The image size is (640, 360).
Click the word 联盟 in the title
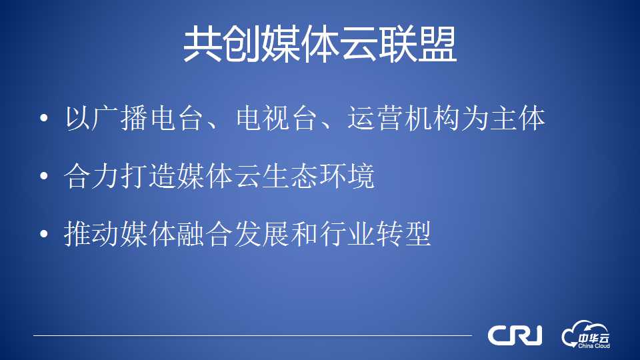(417, 45)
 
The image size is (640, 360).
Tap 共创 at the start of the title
(221, 45)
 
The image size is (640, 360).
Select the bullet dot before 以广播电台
(44, 118)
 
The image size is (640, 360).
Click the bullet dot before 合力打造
(44, 176)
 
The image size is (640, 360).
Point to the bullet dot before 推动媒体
(44, 234)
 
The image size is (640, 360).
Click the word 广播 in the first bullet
(120, 118)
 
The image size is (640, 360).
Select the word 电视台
(277, 118)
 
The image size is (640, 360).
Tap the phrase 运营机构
(404, 118)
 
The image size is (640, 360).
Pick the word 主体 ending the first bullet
(517, 118)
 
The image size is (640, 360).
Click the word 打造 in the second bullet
(148, 176)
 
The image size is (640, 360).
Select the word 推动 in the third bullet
(92, 234)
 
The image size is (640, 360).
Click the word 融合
(205, 234)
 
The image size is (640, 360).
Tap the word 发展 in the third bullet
(261, 234)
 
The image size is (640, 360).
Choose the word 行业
(347, 234)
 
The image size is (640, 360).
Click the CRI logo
(515, 335)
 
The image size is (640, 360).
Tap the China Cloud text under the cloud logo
(594, 346)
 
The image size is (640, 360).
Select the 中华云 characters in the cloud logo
(594, 338)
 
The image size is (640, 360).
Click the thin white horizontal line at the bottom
(253, 335)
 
